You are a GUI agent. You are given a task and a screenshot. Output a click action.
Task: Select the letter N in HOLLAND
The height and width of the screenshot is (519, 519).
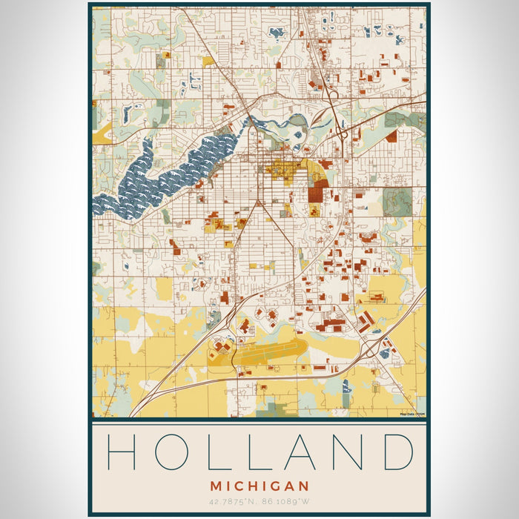[x=340, y=452]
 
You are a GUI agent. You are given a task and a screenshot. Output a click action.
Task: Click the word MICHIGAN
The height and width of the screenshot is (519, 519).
[x=259, y=486]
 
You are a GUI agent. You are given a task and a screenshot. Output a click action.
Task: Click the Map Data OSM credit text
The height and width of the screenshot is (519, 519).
[x=411, y=414]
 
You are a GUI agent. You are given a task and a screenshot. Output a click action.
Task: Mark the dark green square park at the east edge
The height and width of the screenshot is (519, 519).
[x=397, y=201]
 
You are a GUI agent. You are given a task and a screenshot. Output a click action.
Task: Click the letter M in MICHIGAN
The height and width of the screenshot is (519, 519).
[x=216, y=486]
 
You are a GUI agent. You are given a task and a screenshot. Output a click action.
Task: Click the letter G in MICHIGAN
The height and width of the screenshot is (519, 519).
[x=274, y=486]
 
